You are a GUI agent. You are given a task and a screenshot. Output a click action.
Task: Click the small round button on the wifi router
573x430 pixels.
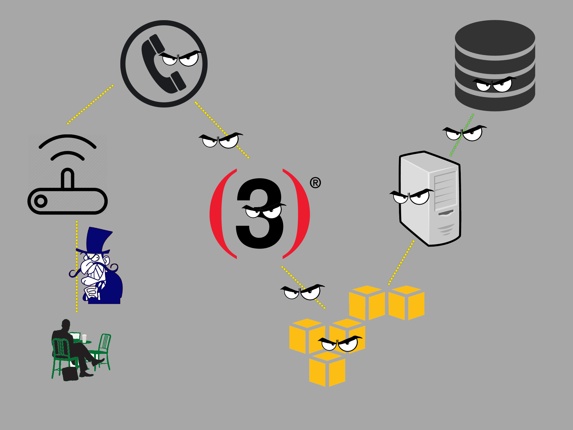coord(41,201)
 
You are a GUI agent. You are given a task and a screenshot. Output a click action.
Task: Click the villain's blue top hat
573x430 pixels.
coord(95,241)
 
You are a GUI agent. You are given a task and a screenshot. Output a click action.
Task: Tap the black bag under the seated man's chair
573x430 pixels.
coord(70,374)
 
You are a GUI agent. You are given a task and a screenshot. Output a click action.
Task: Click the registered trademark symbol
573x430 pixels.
coord(315,183)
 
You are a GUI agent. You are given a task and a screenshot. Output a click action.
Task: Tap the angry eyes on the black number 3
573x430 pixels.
coord(264,211)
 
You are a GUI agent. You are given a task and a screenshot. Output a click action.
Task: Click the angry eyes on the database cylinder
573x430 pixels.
coord(494,84)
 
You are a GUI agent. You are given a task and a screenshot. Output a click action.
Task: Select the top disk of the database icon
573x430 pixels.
coord(495,39)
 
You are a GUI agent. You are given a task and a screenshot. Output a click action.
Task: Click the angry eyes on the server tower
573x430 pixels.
coord(412,197)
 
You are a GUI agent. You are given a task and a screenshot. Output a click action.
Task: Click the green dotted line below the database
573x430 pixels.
coord(462,135)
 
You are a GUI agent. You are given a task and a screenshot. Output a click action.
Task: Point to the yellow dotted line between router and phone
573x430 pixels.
coord(90,104)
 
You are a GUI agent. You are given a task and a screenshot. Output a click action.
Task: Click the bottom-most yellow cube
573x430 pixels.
coord(327,369)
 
